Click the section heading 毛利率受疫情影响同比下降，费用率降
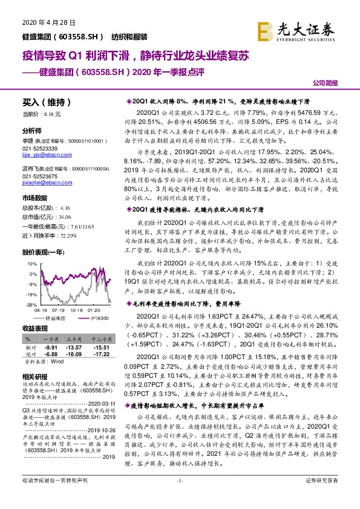(187, 306)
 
